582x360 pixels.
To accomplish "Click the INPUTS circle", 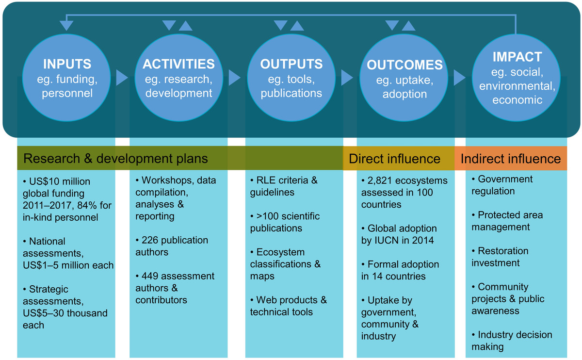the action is [66, 78].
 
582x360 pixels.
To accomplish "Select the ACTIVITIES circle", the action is [179, 78].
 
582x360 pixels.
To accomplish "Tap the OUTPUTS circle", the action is [291, 78].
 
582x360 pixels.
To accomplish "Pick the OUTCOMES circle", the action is [404, 78].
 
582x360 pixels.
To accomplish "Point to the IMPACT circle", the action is [516, 78].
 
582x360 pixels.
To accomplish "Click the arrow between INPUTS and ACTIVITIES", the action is [122, 78].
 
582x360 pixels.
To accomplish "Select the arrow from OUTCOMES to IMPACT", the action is [460, 78].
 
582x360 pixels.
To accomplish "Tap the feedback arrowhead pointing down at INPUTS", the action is [66, 26].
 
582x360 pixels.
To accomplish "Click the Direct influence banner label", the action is [394, 159].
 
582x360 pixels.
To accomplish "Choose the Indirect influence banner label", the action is [511, 159].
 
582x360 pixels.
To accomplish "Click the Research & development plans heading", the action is [115, 159].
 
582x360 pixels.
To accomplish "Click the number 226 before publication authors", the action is [150, 240].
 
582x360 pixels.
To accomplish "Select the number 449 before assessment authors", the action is [150, 276].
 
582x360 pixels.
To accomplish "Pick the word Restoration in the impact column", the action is [503, 251].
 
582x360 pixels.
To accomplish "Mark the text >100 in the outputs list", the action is [267, 216].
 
